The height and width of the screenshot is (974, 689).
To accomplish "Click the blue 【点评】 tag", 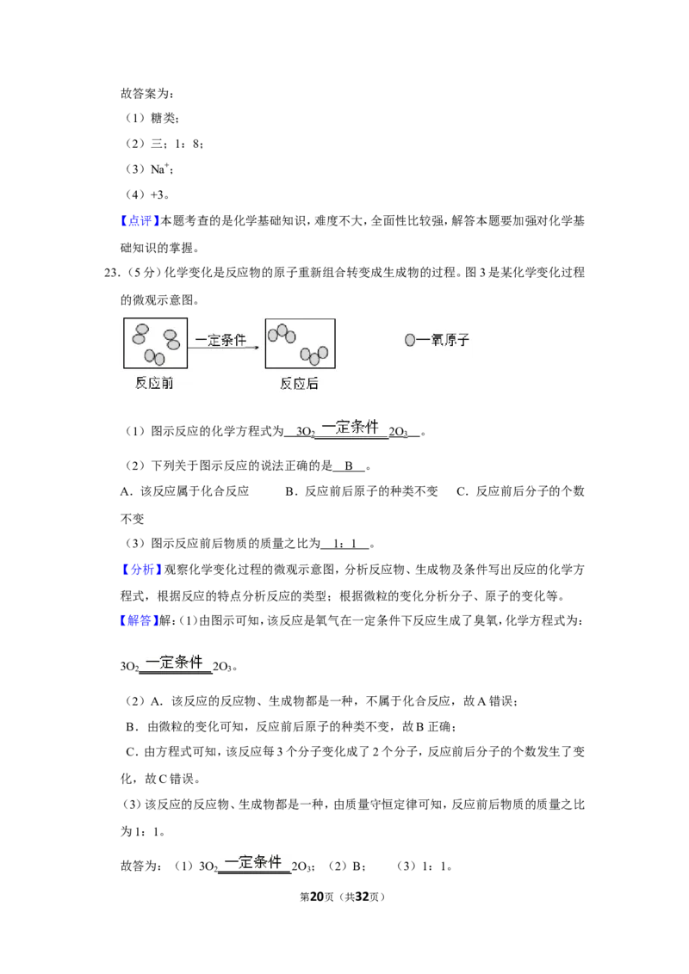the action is [139, 220].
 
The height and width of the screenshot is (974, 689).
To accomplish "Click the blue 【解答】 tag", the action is [139, 620].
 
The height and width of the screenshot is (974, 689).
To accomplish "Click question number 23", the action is [111, 273].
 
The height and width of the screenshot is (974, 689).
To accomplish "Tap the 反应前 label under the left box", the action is [154, 383].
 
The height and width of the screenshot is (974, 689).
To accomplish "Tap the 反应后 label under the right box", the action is [299, 384].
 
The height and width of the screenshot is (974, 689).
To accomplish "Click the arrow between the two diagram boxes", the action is [223, 348].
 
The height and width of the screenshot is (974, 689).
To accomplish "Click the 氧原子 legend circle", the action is [410, 340].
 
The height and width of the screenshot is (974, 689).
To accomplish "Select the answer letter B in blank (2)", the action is [349, 465].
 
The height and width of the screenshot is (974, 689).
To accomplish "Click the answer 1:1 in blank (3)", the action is [345, 544].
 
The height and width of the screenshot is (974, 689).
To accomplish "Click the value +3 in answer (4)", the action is [158, 194].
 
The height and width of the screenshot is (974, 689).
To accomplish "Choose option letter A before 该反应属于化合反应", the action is [125, 491].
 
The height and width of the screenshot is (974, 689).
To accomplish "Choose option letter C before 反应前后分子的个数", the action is [462, 491].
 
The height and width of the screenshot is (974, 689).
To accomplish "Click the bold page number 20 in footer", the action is [317, 897].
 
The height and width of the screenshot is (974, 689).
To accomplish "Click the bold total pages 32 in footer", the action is [363, 897].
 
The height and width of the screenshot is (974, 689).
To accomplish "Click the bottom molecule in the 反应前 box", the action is [155, 357].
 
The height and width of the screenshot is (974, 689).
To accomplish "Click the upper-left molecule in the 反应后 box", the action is [282, 334].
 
